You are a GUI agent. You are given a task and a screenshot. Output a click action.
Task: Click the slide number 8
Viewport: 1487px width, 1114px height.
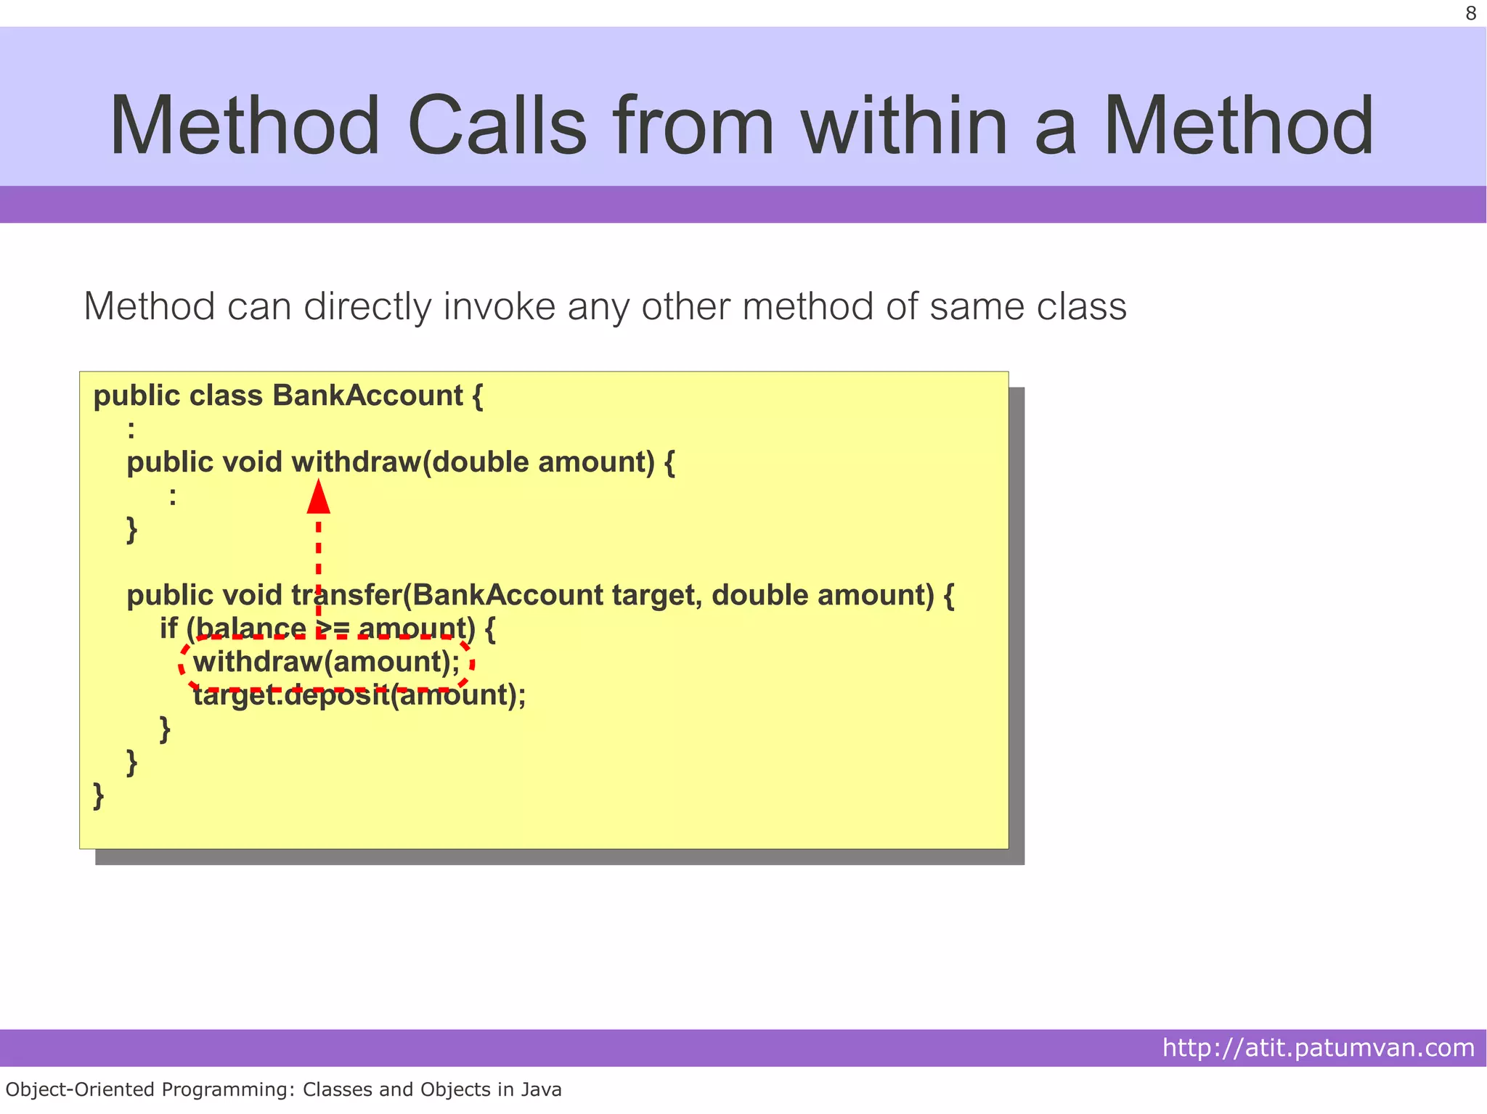point(1470,14)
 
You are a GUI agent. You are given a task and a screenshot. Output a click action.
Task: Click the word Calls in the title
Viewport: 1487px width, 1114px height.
point(497,126)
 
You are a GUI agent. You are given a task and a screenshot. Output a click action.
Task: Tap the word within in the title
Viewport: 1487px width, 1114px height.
point(905,126)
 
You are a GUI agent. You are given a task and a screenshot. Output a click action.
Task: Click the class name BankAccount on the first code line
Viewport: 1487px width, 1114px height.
point(367,396)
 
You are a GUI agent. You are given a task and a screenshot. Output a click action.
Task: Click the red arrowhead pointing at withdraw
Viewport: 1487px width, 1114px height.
point(319,496)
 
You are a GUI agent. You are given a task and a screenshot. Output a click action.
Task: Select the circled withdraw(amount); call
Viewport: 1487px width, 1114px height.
point(326,662)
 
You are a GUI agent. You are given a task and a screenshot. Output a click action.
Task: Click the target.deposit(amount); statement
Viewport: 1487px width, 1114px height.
point(359,695)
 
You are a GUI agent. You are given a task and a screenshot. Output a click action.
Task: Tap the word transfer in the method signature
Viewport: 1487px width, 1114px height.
point(346,595)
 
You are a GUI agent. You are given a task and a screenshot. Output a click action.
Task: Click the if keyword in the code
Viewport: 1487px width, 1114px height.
point(168,628)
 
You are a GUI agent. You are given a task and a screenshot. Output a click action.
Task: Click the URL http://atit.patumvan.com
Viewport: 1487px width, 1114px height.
point(1318,1048)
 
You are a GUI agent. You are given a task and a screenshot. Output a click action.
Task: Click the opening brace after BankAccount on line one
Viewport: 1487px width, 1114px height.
point(477,396)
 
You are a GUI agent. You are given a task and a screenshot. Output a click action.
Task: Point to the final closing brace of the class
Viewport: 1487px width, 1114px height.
point(99,796)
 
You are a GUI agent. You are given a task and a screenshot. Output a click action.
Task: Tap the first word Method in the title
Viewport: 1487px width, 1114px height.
point(245,126)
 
